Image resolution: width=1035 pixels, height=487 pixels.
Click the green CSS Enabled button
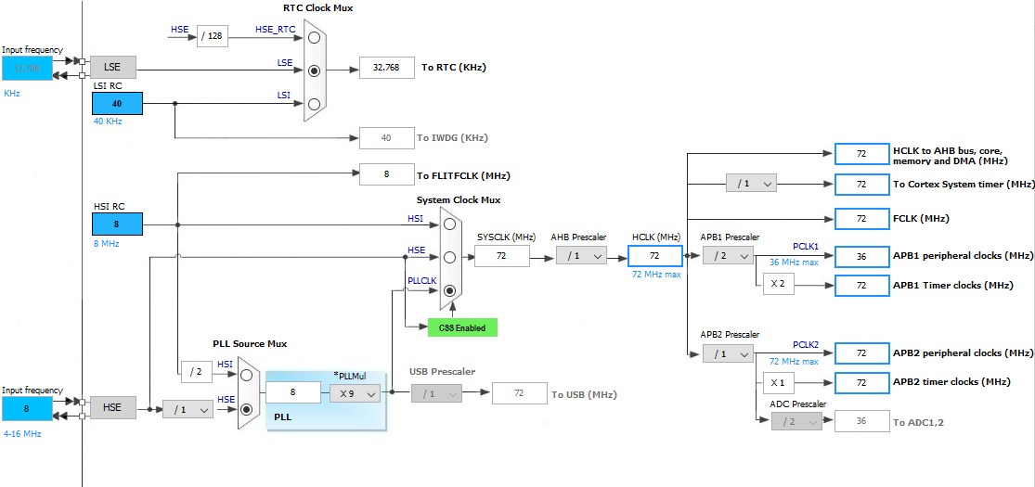point(462,327)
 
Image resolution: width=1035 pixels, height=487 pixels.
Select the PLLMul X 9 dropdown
point(355,393)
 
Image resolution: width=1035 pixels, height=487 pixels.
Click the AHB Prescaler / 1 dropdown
point(581,256)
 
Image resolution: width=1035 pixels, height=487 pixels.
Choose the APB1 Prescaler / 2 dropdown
point(728,256)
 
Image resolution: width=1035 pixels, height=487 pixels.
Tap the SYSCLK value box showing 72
point(501,256)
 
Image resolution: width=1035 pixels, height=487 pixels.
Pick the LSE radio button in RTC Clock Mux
point(316,69)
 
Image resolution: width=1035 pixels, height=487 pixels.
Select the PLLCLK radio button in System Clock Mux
point(450,290)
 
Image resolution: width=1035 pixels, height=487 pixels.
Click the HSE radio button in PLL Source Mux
point(247,408)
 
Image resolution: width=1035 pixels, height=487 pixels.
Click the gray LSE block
point(112,67)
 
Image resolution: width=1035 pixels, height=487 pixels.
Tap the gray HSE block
point(112,407)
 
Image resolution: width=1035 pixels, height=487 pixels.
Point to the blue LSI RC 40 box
point(117,103)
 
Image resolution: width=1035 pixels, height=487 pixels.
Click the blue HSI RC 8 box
point(117,224)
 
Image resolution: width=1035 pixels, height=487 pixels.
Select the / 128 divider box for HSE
point(213,36)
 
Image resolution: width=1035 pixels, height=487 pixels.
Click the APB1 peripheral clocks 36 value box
point(861,256)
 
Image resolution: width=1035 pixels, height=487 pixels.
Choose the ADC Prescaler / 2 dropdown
point(796,421)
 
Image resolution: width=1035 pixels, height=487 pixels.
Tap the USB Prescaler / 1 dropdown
point(436,393)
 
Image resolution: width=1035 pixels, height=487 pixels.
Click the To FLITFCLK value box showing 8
point(386,174)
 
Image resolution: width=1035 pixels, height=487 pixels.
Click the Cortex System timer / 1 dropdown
point(751,184)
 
